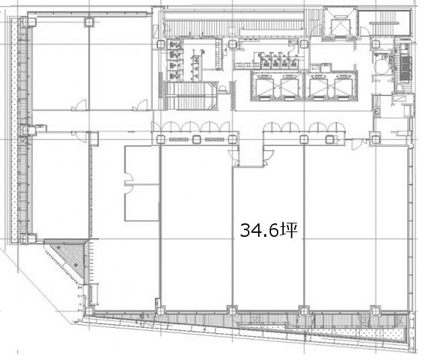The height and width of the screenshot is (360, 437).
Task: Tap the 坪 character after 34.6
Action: point(288,230)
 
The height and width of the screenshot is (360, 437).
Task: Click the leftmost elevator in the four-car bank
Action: point(264,85)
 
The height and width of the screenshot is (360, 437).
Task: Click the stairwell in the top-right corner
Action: point(385,23)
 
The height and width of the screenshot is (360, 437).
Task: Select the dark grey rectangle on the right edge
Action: point(406,69)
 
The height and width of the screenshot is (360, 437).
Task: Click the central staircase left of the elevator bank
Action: point(191,96)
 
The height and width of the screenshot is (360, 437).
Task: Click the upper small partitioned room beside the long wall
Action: point(142,165)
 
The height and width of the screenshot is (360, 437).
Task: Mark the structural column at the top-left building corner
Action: point(31,22)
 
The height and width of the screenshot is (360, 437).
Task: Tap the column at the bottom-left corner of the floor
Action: point(89,311)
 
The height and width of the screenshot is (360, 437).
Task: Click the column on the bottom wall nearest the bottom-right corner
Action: point(375,310)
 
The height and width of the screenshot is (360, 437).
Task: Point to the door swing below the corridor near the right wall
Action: point(356,144)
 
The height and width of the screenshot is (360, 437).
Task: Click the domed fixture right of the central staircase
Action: point(223,89)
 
